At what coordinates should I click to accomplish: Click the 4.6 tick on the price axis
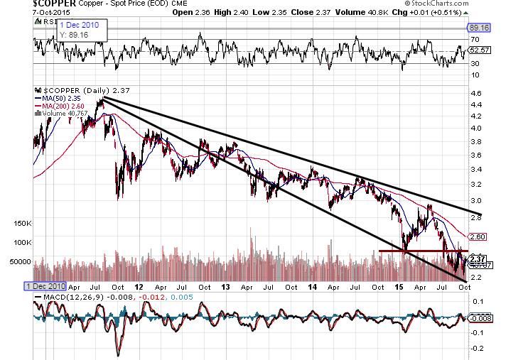tap(476, 93)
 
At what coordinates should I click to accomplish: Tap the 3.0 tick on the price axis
tap(476, 200)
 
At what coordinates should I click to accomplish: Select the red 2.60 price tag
tap(478, 236)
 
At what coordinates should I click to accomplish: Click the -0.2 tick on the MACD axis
tap(478, 348)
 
